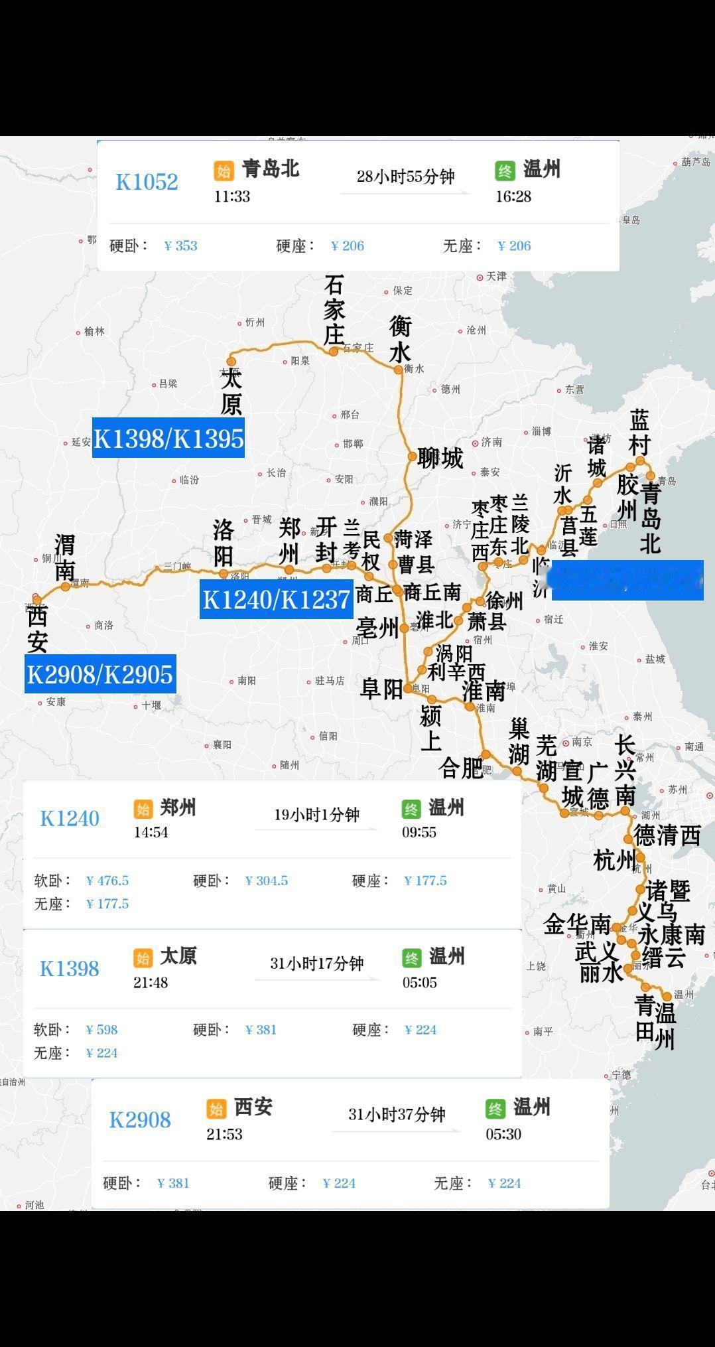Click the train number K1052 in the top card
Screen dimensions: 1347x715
(x=147, y=182)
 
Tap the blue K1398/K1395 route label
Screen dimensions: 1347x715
(x=168, y=438)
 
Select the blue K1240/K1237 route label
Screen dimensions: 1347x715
(x=276, y=599)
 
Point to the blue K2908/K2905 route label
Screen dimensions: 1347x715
(x=100, y=674)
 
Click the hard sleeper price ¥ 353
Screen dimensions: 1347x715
(x=181, y=246)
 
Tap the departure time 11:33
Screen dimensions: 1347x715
(x=232, y=196)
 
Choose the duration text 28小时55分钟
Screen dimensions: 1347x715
(x=405, y=177)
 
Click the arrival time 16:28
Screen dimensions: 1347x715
(x=513, y=196)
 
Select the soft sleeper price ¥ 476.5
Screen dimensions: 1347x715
(x=107, y=881)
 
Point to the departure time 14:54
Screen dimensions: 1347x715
(x=151, y=832)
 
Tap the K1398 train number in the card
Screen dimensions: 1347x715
(x=69, y=969)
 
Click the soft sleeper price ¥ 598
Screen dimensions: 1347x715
(x=101, y=1030)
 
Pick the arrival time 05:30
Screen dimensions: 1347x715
(x=503, y=1134)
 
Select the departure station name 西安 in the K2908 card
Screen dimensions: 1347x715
(x=253, y=1107)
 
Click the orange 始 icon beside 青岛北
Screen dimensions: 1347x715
(x=224, y=171)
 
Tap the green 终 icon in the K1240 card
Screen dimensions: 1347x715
(x=411, y=809)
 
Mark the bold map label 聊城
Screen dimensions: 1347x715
(x=440, y=458)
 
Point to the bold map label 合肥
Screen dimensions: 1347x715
(x=460, y=768)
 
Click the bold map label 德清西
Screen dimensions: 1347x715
(x=667, y=835)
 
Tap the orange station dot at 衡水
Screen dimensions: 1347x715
(x=399, y=370)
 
